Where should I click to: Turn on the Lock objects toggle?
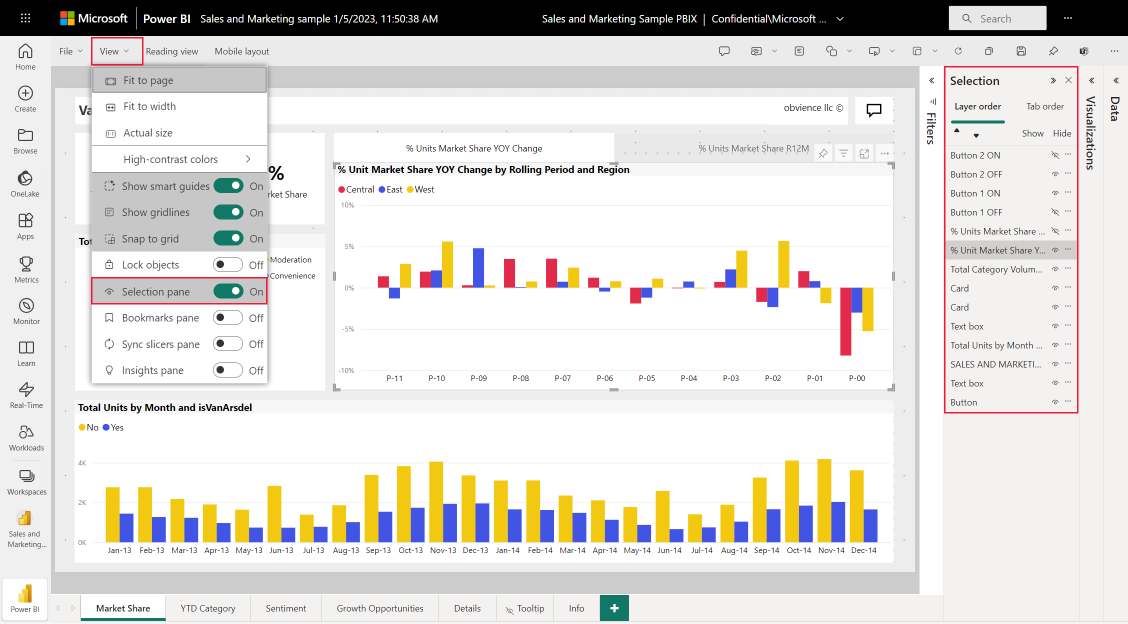[x=228, y=264]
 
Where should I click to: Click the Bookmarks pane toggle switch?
[x=228, y=317]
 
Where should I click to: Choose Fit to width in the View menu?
[x=149, y=106]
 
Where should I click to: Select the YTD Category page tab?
[x=208, y=608]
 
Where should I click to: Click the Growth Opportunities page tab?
[x=380, y=608]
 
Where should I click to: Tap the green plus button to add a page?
[x=614, y=608]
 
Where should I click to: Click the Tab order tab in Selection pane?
[x=1045, y=106]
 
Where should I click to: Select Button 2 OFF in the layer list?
[x=976, y=174]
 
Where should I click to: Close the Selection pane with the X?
[x=1068, y=80]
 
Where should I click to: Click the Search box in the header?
[x=997, y=18]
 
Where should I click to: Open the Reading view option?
[x=172, y=51]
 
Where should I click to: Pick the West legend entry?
[x=420, y=189]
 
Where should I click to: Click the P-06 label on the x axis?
[x=605, y=378]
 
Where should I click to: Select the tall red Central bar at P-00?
[x=846, y=321]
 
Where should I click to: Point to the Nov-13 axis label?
[x=443, y=550]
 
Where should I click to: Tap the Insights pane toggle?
[x=228, y=370]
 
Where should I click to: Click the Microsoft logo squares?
[x=67, y=18]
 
